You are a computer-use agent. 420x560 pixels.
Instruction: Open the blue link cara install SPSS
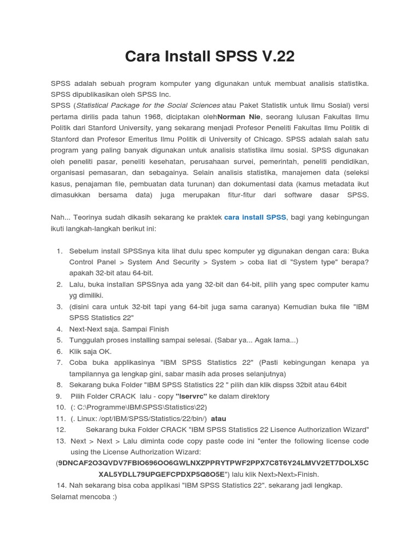[x=255, y=217]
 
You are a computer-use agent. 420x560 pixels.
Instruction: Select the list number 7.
[x=59, y=363]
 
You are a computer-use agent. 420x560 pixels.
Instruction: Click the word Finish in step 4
[x=157, y=329]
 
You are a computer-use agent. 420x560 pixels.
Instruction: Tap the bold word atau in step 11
[x=219, y=418]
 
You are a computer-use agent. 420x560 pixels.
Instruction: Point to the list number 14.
[x=61, y=486]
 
